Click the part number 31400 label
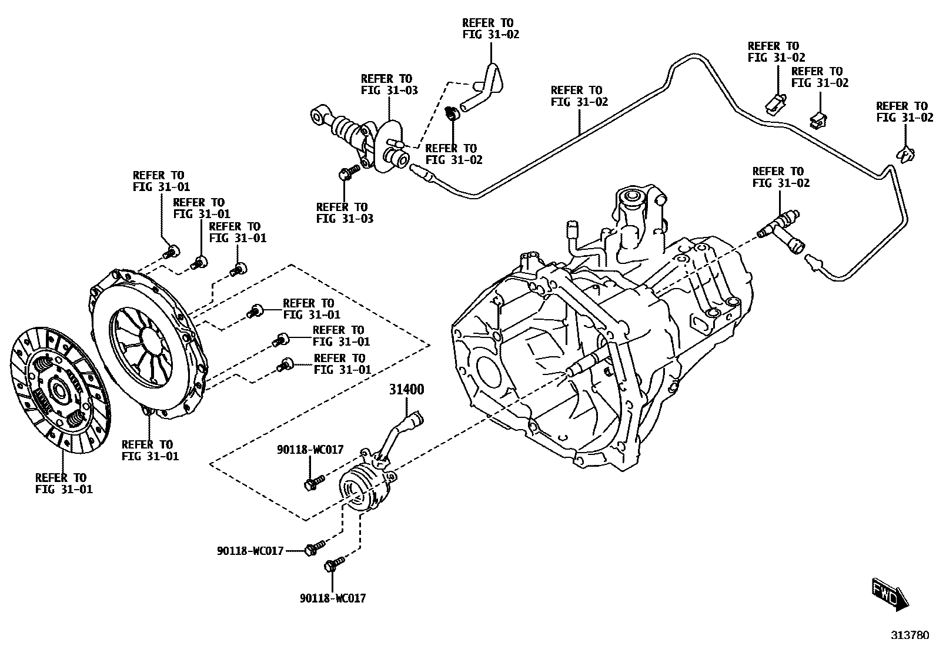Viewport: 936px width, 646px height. point(406,390)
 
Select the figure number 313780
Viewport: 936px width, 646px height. point(910,635)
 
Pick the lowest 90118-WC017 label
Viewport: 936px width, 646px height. point(333,598)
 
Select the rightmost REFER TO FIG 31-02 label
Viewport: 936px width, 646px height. point(904,112)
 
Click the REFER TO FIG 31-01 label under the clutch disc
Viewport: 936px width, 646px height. point(63,483)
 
